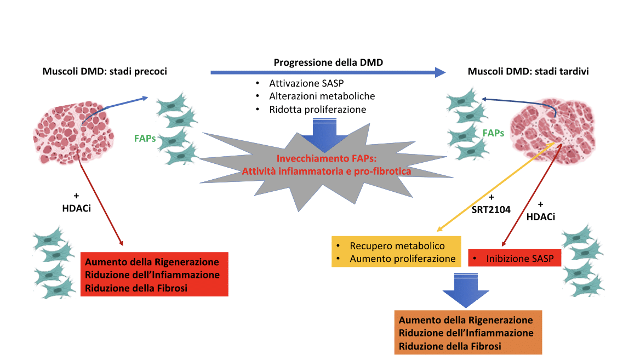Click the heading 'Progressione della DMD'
(328, 62)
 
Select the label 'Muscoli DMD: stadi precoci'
(105, 71)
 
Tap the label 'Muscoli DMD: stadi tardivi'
(528, 71)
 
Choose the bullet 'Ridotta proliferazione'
(317, 109)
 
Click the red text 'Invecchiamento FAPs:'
(325, 159)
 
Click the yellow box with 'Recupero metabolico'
(397, 252)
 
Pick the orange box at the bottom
(467, 333)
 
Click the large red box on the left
(154, 275)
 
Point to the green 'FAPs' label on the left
(145, 138)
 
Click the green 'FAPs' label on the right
(493, 133)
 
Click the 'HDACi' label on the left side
(76, 207)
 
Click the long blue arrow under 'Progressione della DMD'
(328, 72)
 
